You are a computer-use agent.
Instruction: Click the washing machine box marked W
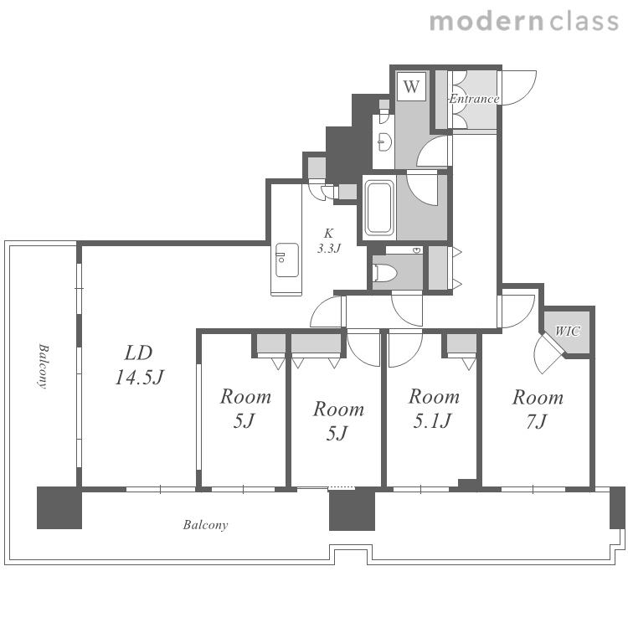(411, 86)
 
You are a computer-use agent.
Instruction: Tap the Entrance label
(474, 99)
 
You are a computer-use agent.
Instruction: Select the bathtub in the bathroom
(378, 208)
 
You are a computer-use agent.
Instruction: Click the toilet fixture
(384, 273)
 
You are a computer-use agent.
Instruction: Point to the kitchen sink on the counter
(286, 260)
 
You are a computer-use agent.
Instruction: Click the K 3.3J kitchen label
(329, 240)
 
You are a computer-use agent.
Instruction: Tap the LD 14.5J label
(139, 365)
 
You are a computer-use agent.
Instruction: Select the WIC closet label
(567, 332)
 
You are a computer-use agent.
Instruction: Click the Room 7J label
(538, 409)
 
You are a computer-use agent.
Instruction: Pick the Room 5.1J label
(434, 408)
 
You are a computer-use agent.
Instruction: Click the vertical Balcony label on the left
(43, 366)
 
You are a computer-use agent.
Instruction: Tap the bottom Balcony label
(205, 525)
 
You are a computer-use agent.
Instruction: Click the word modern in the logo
(486, 21)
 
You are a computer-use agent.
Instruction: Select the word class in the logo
(584, 21)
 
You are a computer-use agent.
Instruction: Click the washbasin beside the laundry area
(384, 142)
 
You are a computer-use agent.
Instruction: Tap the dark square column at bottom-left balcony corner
(59, 507)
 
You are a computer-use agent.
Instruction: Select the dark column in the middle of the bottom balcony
(352, 509)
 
